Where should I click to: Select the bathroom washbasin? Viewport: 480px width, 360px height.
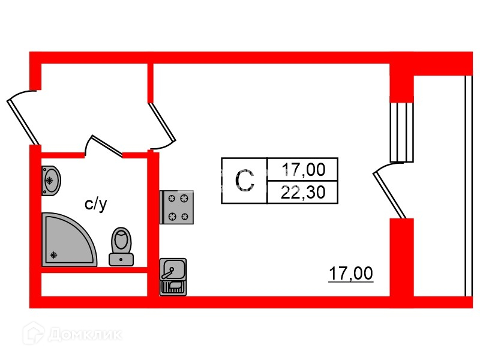[x=51, y=179]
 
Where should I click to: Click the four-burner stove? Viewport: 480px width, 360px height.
[x=177, y=207]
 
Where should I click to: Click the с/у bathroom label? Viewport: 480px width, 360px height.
[x=95, y=205]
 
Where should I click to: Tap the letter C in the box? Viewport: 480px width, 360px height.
[x=244, y=181]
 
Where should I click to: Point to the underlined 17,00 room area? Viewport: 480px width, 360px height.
[x=350, y=274]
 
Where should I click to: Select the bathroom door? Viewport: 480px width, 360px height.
[x=103, y=145]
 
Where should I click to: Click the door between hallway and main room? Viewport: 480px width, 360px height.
[x=162, y=126]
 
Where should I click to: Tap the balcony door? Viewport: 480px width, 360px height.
[x=389, y=192]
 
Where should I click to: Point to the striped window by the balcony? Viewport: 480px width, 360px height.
[x=402, y=132]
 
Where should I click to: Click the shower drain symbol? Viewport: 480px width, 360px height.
[x=54, y=254]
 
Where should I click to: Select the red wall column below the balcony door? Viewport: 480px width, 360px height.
[x=402, y=258]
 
